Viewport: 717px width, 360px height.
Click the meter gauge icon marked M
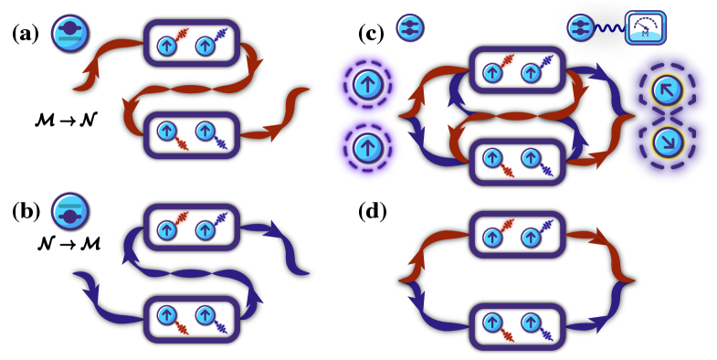pyautogui.click(x=645, y=27)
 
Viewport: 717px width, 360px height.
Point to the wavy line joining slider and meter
pyautogui.click(x=609, y=28)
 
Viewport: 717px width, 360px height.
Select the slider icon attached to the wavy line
pyautogui.click(x=580, y=27)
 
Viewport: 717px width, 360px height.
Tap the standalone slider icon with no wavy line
pyautogui.click(x=409, y=27)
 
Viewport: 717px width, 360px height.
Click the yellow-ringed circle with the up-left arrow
pyautogui.click(x=667, y=90)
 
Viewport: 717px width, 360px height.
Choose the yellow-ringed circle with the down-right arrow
pyautogui.click(x=667, y=142)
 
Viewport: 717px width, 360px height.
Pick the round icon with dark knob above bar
pyautogui.click(x=69, y=32)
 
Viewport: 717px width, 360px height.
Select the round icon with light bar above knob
pyautogui.click(x=69, y=211)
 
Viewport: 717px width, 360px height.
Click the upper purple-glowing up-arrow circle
pyautogui.click(x=367, y=85)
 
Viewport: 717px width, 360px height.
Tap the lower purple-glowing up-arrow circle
pyautogui.click(x=367, y=147)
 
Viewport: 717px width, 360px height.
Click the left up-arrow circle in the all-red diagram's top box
pyautogui.click(x=166, y=46)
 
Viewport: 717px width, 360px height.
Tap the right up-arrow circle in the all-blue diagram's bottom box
pyautogui.click(x=205, y=315)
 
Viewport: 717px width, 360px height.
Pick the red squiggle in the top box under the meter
pyautogui.click(x=507, y=63)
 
